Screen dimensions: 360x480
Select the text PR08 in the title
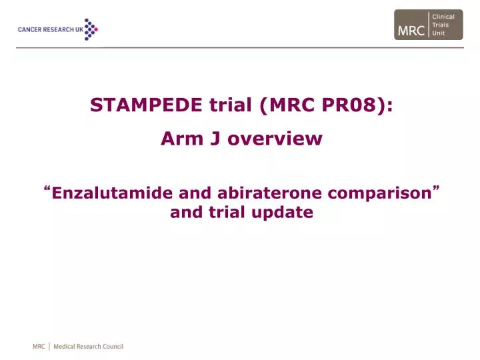click(x=354, y=105)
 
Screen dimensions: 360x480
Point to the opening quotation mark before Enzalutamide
click(x=49, y=190)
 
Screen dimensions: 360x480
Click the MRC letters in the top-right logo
click(x=411, y=30)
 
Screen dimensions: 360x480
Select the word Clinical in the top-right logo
click(x=443, y=17)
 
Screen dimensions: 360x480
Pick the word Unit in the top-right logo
click(x=439, y=33)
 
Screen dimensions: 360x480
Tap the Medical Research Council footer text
click(x=88, y=347)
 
